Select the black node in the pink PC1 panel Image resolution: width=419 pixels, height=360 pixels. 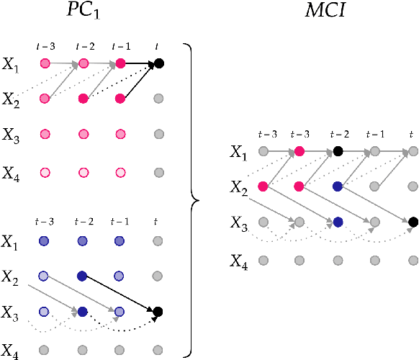click(158, 64)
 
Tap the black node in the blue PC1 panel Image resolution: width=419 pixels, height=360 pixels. click(158, 312)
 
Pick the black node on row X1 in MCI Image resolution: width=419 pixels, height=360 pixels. click(338, 151)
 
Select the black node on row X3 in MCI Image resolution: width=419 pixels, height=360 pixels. click(413, 222)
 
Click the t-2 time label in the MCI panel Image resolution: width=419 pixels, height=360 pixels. click(338, 135)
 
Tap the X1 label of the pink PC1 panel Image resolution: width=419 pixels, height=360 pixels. click(11, 64)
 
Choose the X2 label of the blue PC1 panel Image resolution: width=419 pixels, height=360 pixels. click(11, 276)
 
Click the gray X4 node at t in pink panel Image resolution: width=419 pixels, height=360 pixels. click(158, 173)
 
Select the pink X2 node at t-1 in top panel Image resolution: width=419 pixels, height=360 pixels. click(121, 98)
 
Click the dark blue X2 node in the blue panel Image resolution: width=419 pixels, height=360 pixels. click(83, 276)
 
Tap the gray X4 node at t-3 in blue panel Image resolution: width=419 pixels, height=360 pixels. click(45, 351)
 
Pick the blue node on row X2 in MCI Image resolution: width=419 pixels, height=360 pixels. click(338, 186)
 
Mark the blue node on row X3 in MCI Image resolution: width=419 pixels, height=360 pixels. click(338, 222)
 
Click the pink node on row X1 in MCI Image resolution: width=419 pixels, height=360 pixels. click(299, 151)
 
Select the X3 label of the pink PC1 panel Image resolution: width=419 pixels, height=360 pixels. click(11, 134)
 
